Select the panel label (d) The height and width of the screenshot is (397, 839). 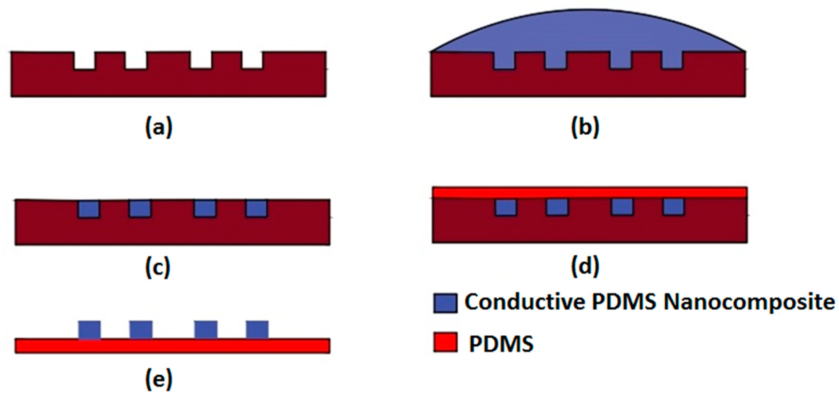(585, 266)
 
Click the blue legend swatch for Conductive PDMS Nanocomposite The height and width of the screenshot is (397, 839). (445, 303)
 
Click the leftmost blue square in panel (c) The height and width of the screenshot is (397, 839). (89, 209)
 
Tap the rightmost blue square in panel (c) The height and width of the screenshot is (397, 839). (257, 209)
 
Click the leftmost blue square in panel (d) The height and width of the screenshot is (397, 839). (506, 207)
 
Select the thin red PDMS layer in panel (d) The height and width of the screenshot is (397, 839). (590, 192)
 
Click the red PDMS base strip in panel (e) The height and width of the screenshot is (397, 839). (172, 346)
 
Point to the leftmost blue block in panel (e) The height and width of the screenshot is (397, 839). (89, 330)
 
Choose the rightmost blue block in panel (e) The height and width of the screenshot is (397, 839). (257, 330)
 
